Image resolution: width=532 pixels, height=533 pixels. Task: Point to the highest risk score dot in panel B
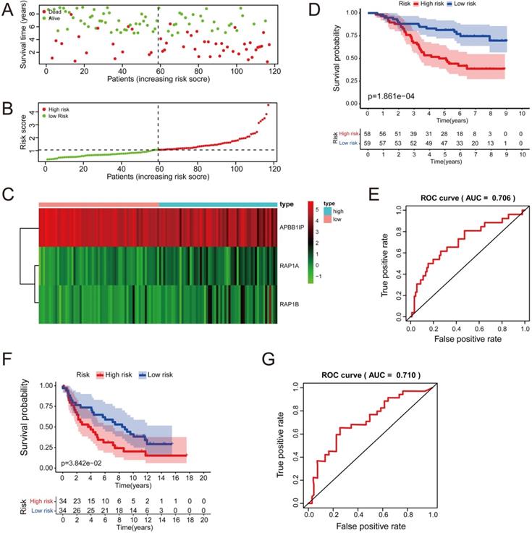(268, 105)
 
